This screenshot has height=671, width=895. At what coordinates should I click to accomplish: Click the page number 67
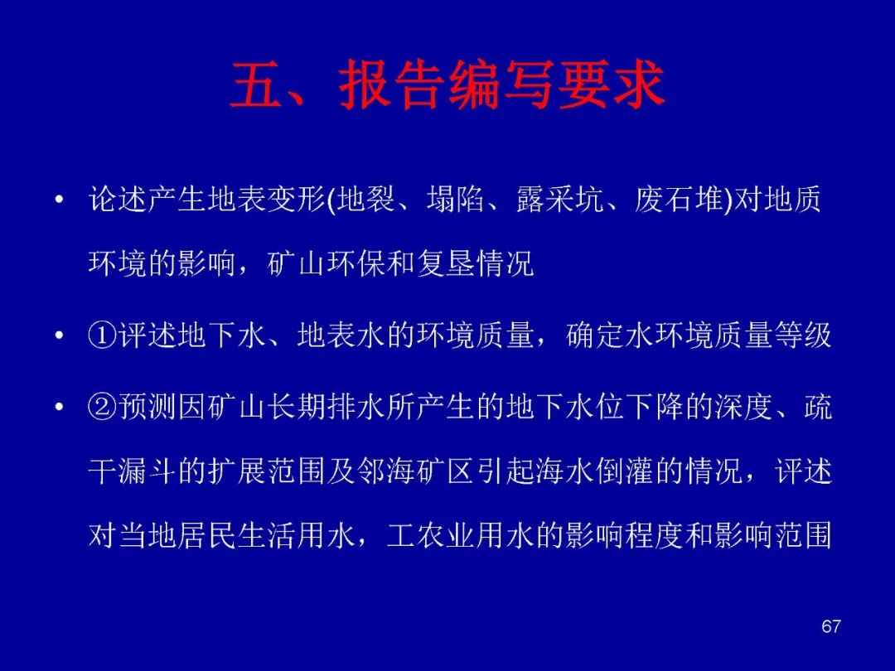click(831, 626)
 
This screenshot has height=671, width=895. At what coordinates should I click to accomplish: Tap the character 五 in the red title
click(256, 84)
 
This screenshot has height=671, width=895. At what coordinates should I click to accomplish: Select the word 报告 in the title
click(392, 84)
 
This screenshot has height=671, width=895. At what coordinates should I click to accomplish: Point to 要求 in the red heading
click(612, 84)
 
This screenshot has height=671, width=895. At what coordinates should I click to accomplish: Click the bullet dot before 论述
click(60, 200)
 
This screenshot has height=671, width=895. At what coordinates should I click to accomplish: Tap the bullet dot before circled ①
click(60, 335)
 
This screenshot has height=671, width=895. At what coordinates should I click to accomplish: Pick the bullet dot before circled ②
click(60, 407)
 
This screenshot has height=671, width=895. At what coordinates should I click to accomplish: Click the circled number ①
click(103, 335)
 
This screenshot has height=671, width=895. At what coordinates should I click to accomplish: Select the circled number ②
click(103, 407)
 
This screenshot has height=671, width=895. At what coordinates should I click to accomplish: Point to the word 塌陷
click(456, 200)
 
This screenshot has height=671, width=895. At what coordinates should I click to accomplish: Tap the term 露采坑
click(560, 200)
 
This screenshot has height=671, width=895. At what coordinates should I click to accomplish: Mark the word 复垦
click(446, 263)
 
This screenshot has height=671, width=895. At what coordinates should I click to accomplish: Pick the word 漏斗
click(148, 472)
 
